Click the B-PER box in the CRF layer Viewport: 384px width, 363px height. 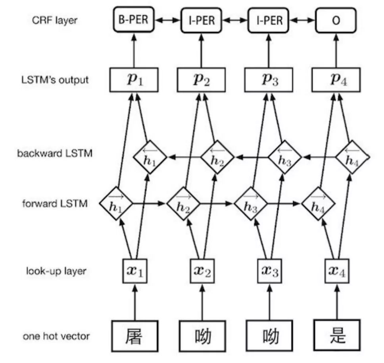[133, 20]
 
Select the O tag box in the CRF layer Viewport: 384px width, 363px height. [336, 20]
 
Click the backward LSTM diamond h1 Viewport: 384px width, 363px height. [150, 158]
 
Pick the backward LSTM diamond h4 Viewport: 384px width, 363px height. [352, 158]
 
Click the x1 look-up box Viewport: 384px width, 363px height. [133, 271]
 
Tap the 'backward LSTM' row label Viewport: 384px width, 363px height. [55, 153]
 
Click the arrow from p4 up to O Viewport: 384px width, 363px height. [336, 50]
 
